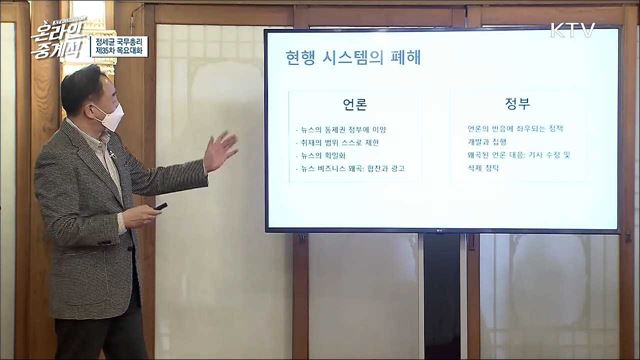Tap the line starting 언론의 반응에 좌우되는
(514, 129)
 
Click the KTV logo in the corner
(572, 29)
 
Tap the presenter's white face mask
(112, 118)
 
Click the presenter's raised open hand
(219, 151)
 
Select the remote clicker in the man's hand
(159, 207)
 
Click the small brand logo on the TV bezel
(436, 237)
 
